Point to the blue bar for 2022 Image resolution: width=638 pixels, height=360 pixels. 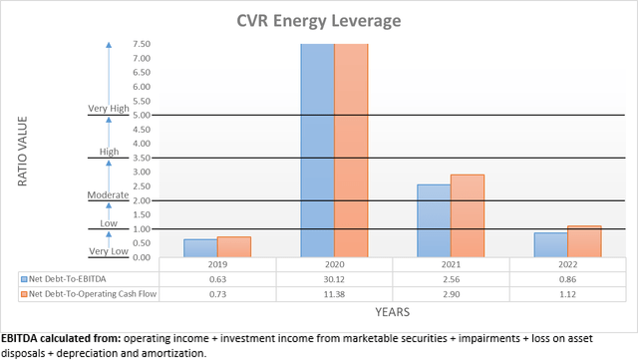coord(550,245)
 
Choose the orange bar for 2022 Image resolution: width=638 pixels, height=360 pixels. coord(584,241)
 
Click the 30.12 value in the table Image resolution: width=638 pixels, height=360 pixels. coord(334,281)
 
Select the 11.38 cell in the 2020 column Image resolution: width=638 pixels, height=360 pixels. coord(334,295)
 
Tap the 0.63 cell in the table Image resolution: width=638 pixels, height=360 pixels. coord(217,281)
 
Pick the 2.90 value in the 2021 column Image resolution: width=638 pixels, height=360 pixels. coord(451,295)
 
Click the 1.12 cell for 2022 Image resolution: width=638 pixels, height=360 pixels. coord(567,295)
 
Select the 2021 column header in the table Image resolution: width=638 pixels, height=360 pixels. coord(451,266)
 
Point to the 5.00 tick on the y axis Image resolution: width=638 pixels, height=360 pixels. coord(141,116)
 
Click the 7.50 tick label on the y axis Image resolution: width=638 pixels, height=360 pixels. coord(141,45)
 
